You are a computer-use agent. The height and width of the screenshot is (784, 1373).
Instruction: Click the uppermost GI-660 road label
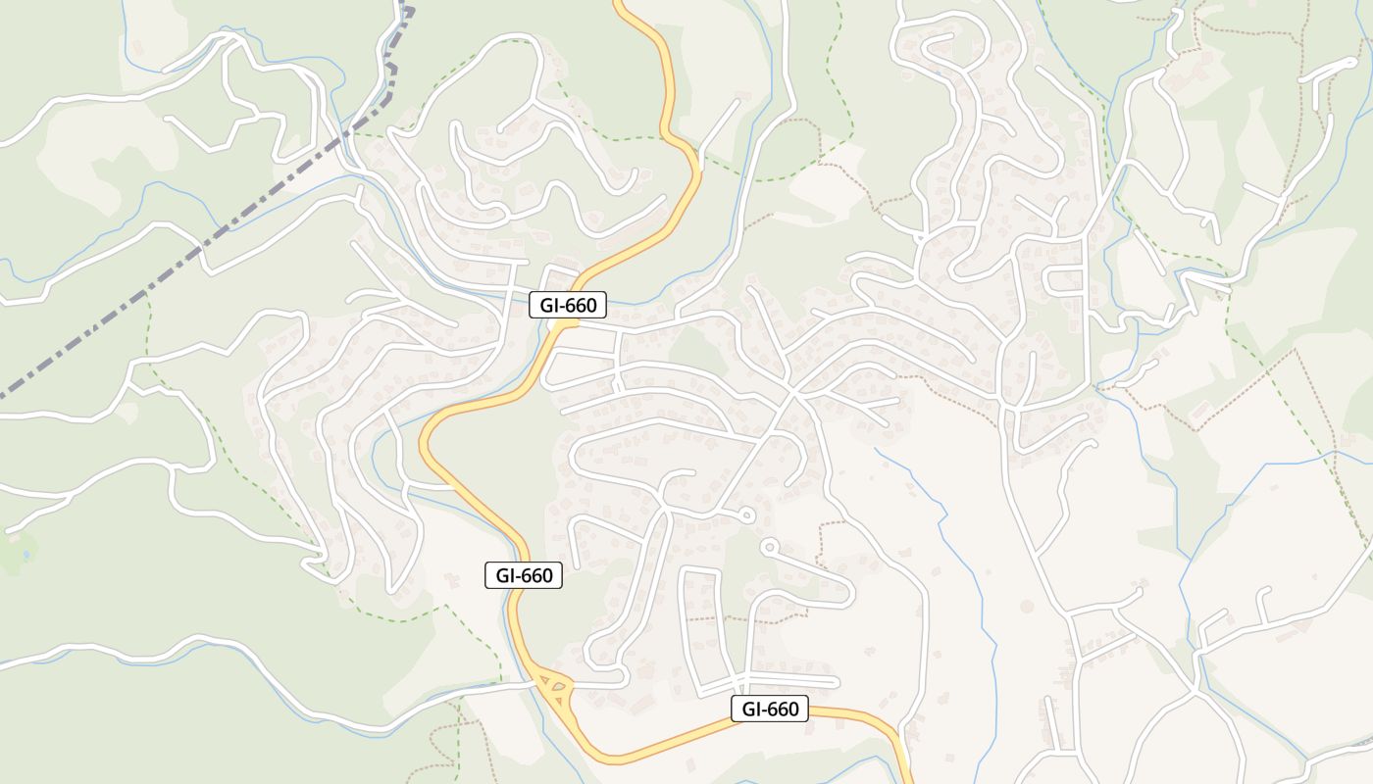[568, 305]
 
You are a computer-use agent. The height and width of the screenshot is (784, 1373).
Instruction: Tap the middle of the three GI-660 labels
[524, 575]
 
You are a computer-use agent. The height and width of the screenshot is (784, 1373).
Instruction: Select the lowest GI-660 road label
[770, 709]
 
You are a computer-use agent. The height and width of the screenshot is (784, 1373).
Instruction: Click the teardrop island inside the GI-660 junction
[558, 689]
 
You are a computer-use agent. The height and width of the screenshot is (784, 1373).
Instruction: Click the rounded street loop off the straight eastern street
[1064, 280]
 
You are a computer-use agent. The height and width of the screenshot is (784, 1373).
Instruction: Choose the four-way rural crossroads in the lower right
[1195, 693]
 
